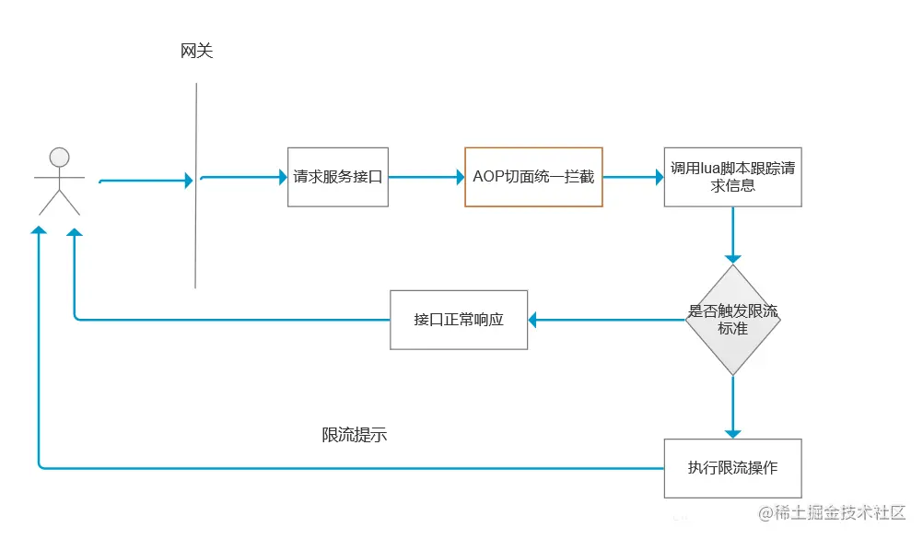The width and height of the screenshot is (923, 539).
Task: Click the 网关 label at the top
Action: [196, 52]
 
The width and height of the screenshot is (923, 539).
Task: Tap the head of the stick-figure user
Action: [59, 156]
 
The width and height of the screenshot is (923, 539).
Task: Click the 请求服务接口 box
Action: [337, 177]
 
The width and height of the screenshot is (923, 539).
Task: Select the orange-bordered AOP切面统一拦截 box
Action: [533, 177]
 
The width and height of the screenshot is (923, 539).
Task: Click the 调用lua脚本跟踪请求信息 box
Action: [732, 177]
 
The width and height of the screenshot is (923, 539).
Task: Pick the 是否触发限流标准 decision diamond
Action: [732, 320]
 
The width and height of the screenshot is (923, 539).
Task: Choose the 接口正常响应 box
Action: [459, 320]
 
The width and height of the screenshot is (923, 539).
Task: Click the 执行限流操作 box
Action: [732, 467]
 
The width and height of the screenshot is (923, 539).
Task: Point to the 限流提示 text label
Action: [354, 435]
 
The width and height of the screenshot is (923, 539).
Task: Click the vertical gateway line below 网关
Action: [196, 230]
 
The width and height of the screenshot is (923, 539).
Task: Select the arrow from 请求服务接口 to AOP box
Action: [424, 177]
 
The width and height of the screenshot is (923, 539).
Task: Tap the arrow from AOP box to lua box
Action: [634, 177]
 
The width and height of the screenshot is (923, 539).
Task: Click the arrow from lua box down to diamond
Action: [733, 235]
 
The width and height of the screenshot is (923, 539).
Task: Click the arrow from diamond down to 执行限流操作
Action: [733, 405]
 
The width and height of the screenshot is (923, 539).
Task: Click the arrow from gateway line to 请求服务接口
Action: [244, 177]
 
